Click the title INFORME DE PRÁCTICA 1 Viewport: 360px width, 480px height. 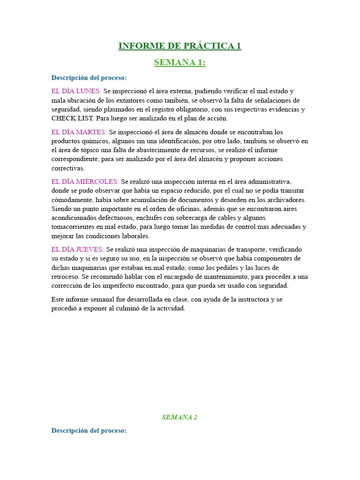point(180,46)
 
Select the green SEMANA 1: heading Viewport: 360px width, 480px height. point(180,62)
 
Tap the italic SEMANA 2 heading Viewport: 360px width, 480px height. point(180,417)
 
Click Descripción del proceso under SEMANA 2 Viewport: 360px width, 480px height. point(89,430)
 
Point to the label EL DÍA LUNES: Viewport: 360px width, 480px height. point(76,91)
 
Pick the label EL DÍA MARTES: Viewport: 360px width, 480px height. point(79,132)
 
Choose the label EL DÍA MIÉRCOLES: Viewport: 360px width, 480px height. point(85,181)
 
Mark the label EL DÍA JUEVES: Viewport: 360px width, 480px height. point(78,249)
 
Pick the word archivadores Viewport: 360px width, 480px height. point(284,200)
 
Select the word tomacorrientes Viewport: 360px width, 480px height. point(75,227)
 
